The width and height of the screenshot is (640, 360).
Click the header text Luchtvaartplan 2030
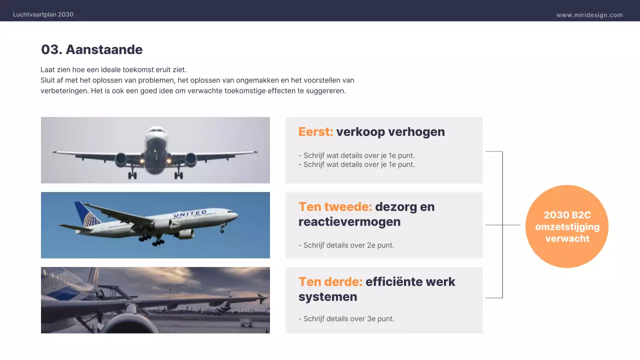[43, 14]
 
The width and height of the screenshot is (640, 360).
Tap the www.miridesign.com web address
[589, 15]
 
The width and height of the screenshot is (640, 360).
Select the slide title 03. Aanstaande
[91, 49]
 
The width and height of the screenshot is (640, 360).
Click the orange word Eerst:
[315, 132]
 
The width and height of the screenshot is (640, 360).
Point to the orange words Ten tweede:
[335, 207]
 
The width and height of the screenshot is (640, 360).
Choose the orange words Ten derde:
[330, 282]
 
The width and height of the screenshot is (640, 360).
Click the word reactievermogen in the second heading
[349, 222]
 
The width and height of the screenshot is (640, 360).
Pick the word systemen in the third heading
[327, 297]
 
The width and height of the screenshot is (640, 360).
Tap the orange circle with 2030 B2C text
[566, 226]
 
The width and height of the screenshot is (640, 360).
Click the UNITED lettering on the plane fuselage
[190, 214]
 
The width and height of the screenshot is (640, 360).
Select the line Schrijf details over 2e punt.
[346, 245]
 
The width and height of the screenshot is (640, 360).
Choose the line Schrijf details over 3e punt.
[346, 319]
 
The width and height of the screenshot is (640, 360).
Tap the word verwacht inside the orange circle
[567, 238]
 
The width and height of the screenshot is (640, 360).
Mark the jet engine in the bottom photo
[125, 322]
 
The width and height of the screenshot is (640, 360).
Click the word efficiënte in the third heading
[393, 282]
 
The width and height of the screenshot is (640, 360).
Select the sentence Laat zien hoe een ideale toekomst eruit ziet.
[113, 70]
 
